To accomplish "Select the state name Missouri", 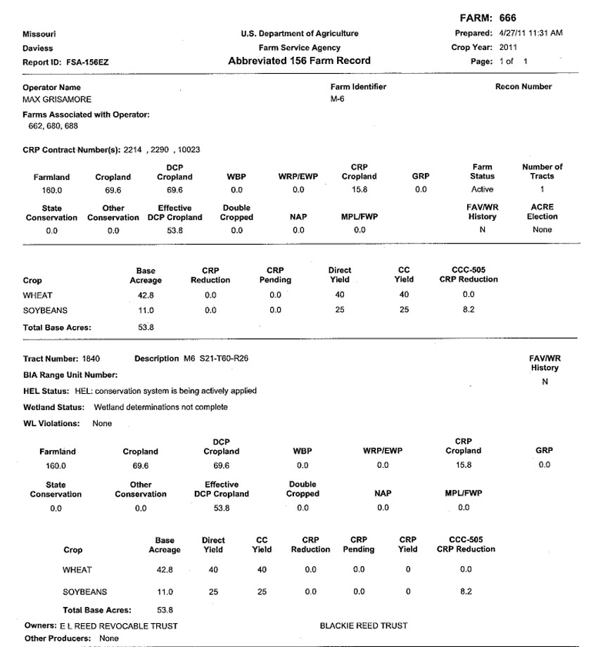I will [x=39, y=34].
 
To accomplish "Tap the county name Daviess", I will [x=38, y=49].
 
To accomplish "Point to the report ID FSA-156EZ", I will [x=88, y=62].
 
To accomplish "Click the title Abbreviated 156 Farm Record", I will [x=299, y=61].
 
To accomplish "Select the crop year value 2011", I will [x=509, y=47].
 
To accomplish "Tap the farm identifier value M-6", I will [x=337, y=99].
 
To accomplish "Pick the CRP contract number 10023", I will [x=189, y=150].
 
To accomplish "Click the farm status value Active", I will [x=482, y=189].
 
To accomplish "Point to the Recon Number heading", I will [x=523, y=87].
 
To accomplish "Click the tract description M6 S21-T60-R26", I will [x=215, y=359].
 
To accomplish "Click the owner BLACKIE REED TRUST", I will [x=363, y=625].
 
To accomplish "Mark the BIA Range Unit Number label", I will [x=70, y=375].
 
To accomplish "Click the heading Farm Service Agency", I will [x=299, y=48].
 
